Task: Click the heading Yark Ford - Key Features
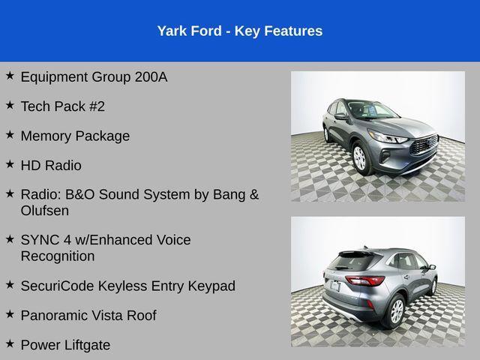(x=240, y=31)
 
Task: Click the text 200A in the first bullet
(x=151, y=76)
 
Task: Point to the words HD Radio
(x=51, y=165)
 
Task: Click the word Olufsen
(x=45, y=211)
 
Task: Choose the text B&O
(x=84, y=194)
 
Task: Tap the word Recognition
(x=58, y=256)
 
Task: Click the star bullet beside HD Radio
(x=10, y=164)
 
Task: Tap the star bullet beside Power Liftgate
(x=10, y=344)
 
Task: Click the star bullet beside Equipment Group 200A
(x=10, y=76)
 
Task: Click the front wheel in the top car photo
(x=359, y=157)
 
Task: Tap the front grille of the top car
(x=424, y=144)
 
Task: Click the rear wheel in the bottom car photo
(x=395, y=310)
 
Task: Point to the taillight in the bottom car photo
(x=365, y=280)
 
